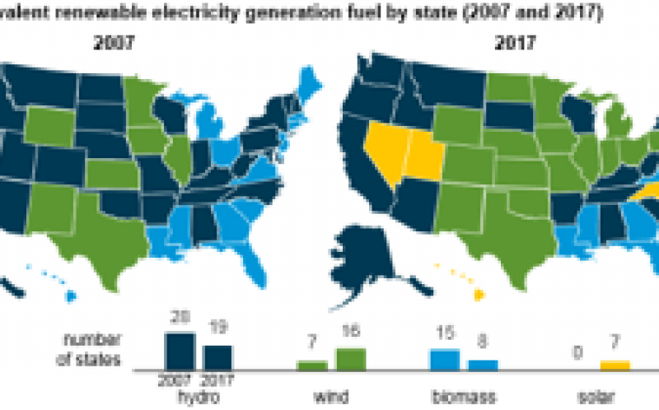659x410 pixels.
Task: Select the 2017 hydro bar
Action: tap(217, 357)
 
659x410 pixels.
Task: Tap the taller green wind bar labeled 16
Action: tap(351, 359)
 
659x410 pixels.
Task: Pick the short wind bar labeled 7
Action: tap(312, 365)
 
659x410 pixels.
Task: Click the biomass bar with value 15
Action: tap(445, 359)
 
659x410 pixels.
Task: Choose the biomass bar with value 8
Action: tap(483, 364)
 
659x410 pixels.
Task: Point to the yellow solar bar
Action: tap(615, 365)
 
